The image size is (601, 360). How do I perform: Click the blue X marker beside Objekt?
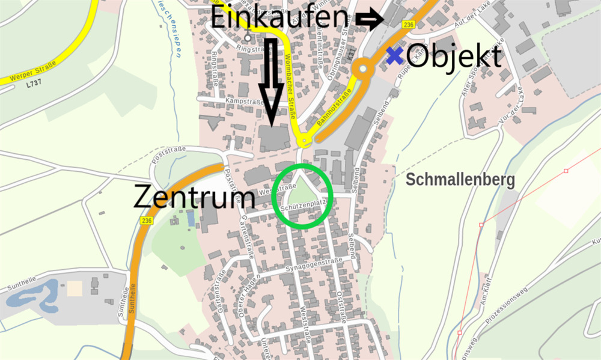point(394,56)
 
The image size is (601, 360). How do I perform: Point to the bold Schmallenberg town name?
point(460,180)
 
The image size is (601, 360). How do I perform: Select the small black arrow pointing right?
point(369,20)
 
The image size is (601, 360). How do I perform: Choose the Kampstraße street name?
point(245,103)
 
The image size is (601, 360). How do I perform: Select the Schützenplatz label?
point(304,205)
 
